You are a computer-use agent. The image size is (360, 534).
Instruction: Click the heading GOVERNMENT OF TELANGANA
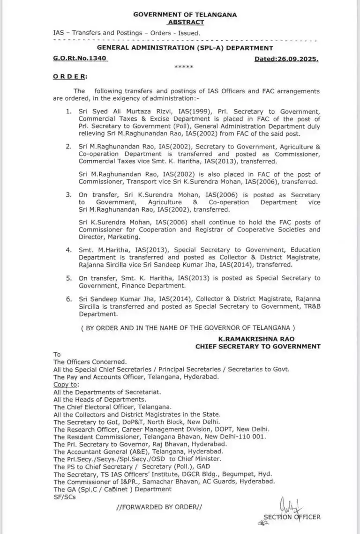(x=185, y=15)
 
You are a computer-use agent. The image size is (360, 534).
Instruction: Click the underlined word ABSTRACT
(x=186, y=22)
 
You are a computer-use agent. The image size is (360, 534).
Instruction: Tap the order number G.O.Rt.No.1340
(x=80, y=59)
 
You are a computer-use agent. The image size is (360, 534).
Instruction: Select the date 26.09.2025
(x=299, y=59)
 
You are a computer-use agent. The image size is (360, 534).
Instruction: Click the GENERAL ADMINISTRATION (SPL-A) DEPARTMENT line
(x=185, y=48)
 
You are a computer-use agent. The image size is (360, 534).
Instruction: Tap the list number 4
(x=69, y=250)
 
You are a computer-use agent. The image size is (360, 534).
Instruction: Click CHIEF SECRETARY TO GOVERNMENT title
(x=258, y=346)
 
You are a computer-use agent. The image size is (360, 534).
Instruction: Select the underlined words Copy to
(x=66, y=384)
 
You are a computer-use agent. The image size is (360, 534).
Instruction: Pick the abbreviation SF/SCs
(x=64, y=497)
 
